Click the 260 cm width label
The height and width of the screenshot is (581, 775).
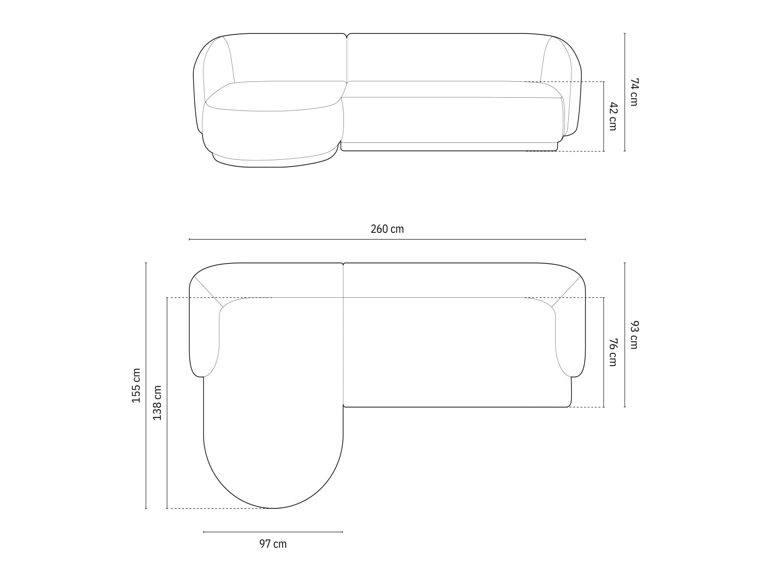387,229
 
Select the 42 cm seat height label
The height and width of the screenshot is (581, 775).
613,116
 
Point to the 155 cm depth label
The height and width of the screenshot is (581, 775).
136,385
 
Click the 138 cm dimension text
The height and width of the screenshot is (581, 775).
157,403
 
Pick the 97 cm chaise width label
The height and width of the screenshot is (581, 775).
273,544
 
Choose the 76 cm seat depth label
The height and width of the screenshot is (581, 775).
613,352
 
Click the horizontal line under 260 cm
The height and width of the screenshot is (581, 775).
387,239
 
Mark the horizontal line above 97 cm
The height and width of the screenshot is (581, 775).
273,532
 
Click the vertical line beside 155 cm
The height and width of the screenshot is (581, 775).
146,385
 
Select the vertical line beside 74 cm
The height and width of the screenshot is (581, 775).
624,92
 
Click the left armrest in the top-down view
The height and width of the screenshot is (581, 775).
204,339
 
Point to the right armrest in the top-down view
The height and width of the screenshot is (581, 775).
570,339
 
